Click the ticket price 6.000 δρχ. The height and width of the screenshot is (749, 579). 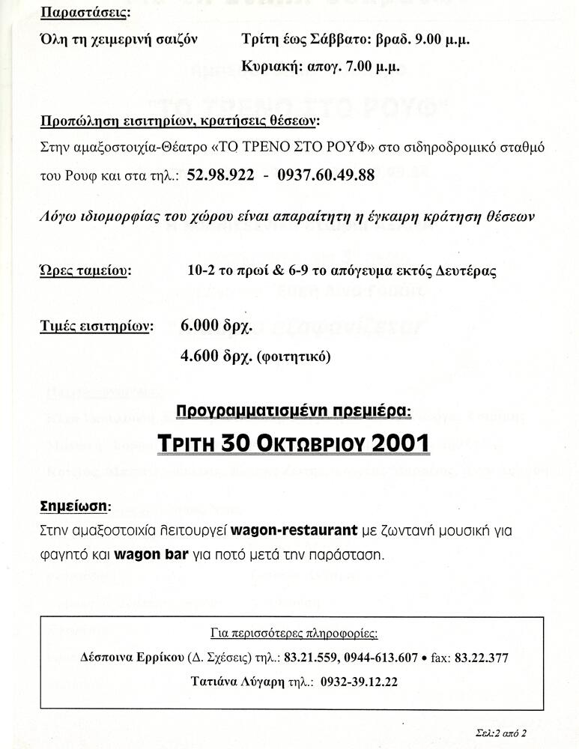point(217,326)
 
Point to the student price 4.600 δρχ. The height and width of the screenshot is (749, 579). point(217,357)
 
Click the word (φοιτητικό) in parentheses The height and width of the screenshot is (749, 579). point(293,357)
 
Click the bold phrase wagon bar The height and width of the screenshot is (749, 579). point(146,556)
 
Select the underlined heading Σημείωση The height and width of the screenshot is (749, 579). point(73,506)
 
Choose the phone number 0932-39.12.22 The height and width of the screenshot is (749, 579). point(359,682)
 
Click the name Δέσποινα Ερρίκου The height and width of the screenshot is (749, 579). point(132,658)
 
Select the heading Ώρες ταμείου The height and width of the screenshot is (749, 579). point(84,270)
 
